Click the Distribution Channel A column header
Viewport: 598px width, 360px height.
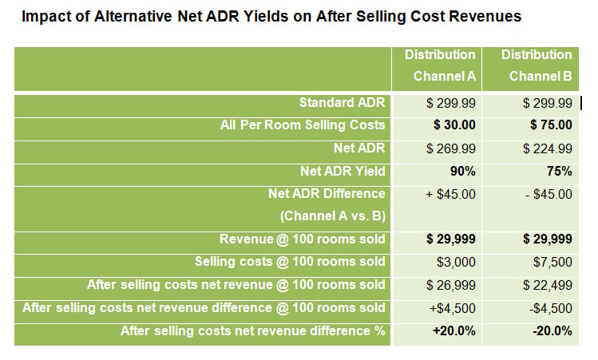click(440, 66)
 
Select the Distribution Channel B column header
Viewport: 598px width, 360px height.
click(537, 66)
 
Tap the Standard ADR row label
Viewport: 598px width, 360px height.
click(342, 103)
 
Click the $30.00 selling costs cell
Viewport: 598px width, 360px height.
click(453, 125)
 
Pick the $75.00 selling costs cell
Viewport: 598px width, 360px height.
click(550, 125)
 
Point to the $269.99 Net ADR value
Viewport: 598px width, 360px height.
click(451, 148)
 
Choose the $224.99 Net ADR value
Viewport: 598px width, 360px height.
click(548, 148)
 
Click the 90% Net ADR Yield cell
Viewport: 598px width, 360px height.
click(462, 171)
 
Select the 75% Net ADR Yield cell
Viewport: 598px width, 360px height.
click(559, 171)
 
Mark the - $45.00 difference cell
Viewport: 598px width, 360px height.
click(548, 194)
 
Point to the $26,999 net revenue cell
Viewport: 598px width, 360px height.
click(451, 285)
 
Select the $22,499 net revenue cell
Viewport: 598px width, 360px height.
click(548, 285)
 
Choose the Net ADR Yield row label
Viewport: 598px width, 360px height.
click(343, 171)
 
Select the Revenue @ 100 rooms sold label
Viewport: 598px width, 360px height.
click(303, 239)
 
